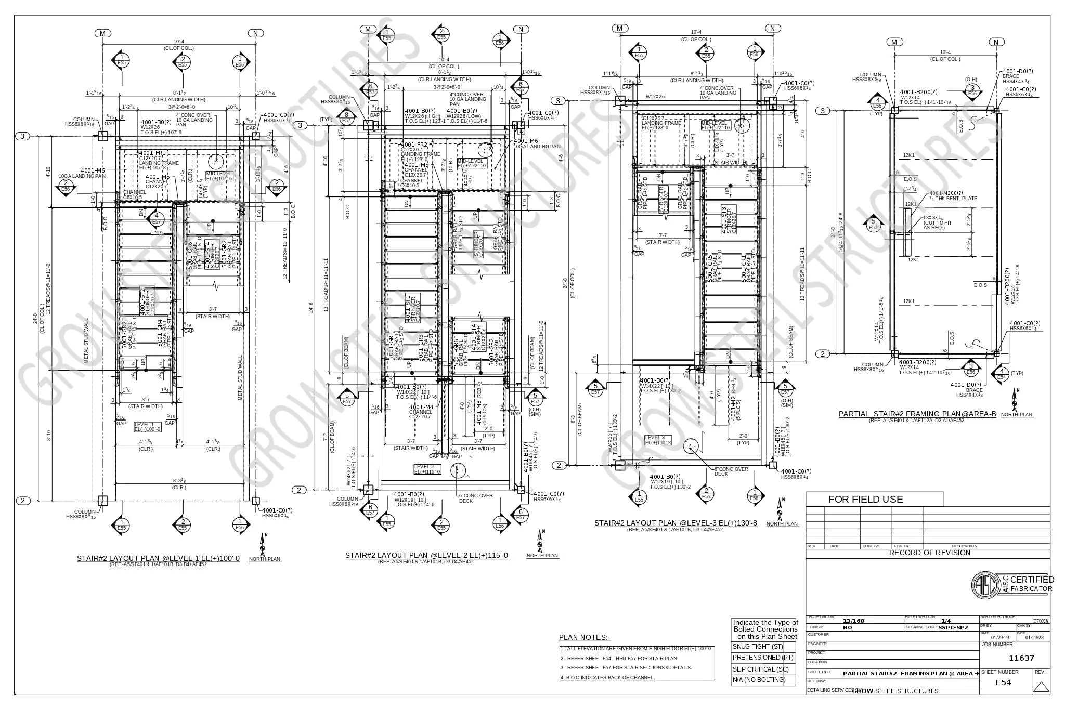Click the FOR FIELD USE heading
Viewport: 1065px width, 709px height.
pos(865,500)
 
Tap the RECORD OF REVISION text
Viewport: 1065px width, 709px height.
pos(929,553)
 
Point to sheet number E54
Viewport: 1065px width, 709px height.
pos(1003,682)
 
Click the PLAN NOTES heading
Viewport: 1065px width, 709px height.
pos(585,637)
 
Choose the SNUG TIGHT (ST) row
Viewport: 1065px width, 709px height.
pos(763,647)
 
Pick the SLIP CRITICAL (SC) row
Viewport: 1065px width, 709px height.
pos(763,669)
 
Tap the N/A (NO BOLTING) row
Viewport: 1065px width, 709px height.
pos(763,680)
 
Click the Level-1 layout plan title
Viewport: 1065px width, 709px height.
pos(158,559)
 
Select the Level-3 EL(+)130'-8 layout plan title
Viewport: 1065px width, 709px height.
pos(676,523)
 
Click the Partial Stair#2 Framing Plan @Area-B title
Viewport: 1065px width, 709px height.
pos(917,414)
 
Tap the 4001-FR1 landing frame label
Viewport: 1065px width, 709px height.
pos(152,153)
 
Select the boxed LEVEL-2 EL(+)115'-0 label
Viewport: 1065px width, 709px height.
pos(427,469)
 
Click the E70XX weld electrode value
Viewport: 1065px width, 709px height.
pos(1041,621)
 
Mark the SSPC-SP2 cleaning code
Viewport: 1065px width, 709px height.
pos(953,627)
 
